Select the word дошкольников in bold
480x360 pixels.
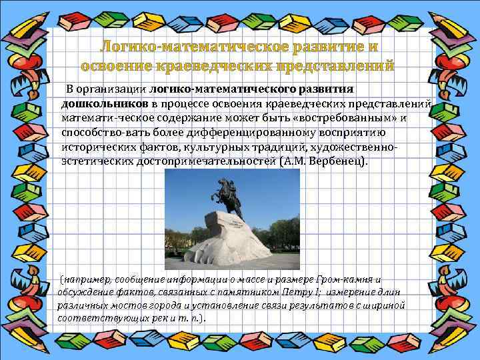105,104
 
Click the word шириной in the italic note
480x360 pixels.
385,305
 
